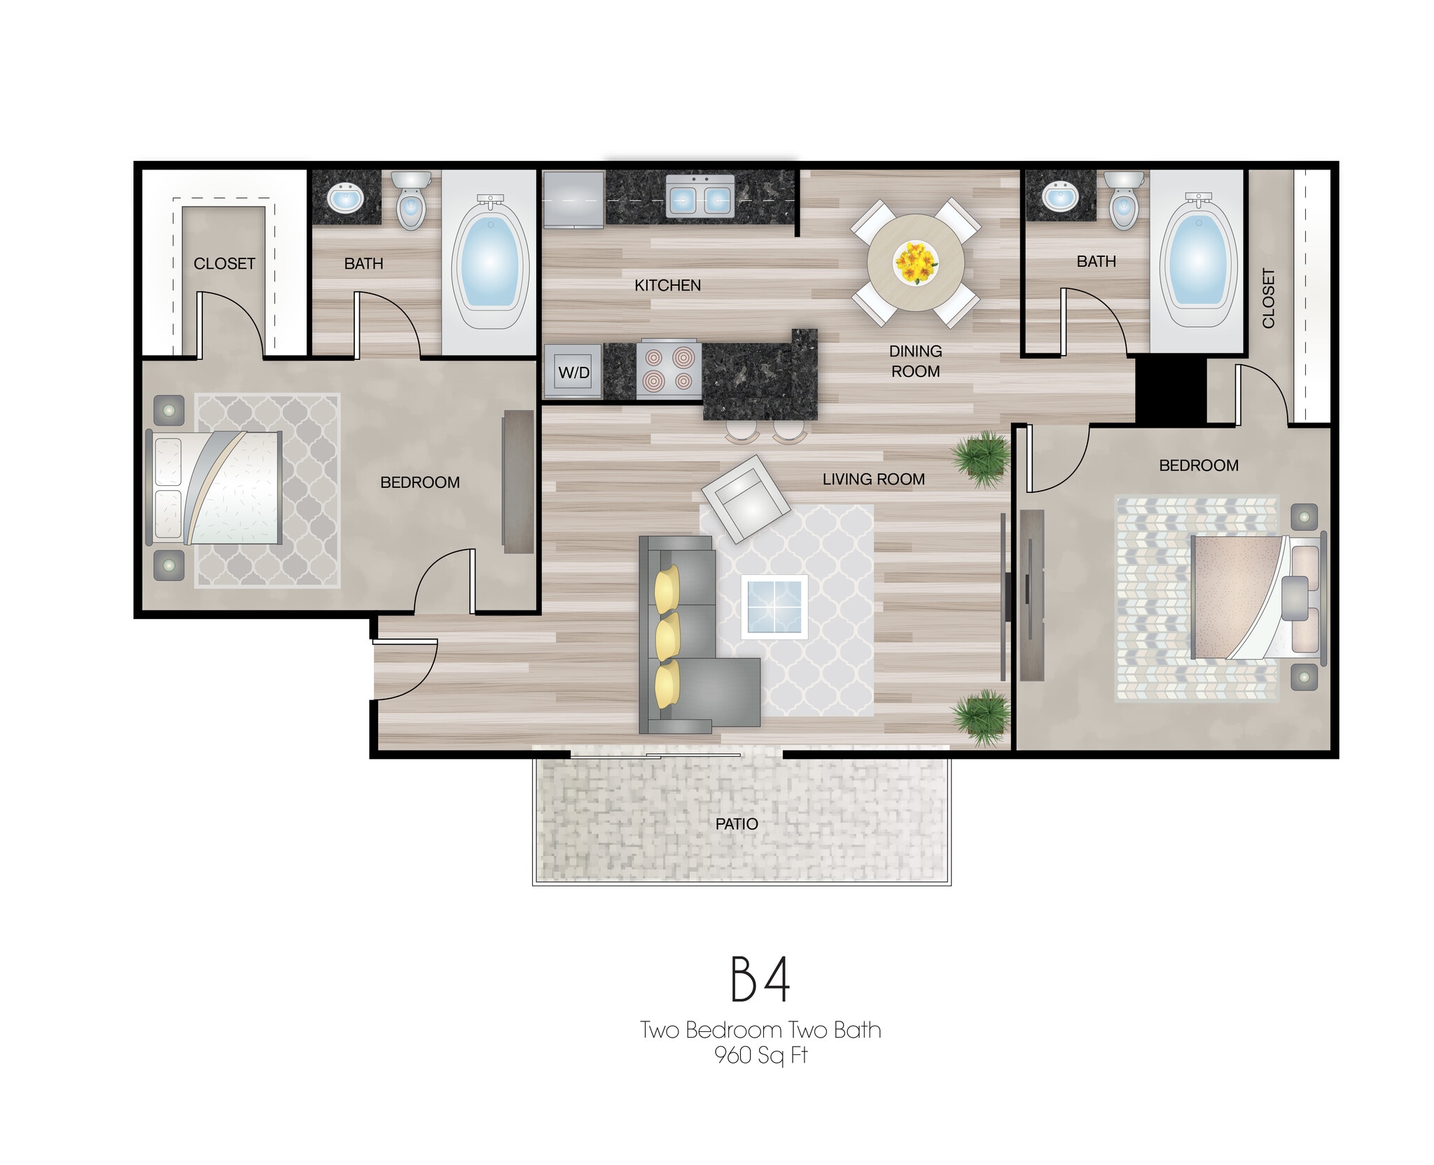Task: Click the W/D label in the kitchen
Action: pyautogui.click(x=573, y=372)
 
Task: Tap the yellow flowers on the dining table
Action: pyautogui.click(x=916, y=263)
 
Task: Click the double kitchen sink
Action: pyautogui.click(x=699, y=200)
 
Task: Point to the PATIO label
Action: pyautogui.click(x=737, y=824)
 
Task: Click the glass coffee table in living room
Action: pyautogui.click(x=774, y=606)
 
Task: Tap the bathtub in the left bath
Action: pyautogui.click(x=490, y=263)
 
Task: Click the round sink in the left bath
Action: pyautogui.click(x=345, y=199)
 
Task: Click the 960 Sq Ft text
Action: pyautogui.click(x=760, y=1054)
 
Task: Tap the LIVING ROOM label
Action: pyautogui.click(x=873, y=479)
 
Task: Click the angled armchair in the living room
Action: pyautogui.click(x=746, y=498)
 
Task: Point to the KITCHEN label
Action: pyautogui.click(x=667, y=285)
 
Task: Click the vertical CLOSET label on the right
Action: pyautogui.click(x=1268, y=298)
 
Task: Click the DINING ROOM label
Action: pyautogui.click(x=915, y=361)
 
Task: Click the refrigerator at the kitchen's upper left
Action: pyautogui.click(x=573, y=200)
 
